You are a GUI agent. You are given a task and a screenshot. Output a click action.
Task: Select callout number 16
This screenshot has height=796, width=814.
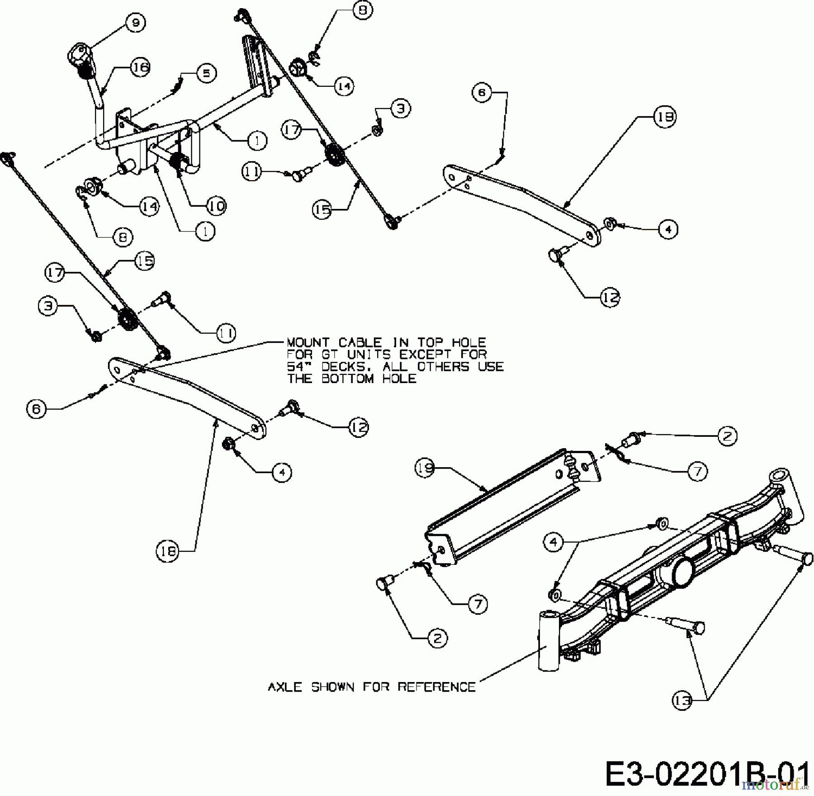[140, 67]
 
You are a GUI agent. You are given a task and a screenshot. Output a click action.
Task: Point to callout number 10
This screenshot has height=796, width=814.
[217, 206]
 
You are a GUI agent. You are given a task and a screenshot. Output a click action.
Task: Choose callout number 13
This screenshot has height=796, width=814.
[682, 701]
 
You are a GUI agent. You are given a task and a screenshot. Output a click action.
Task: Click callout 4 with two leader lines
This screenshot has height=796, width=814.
[555, 542]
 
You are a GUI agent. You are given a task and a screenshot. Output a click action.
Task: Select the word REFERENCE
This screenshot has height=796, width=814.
[437, 687]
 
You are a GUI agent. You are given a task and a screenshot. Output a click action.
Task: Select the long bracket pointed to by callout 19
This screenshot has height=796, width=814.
[513, 507]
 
